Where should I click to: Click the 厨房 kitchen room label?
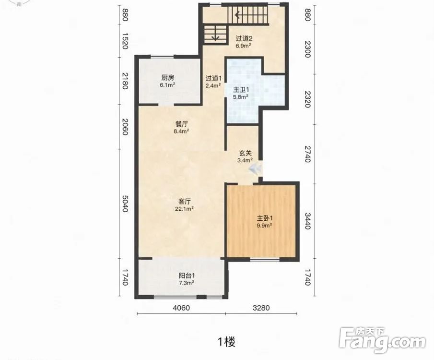(168, 77)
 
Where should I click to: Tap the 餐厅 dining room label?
(181, 124)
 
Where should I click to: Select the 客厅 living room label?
(184, 201)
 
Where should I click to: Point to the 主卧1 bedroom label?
(264, 218)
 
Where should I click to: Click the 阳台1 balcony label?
(187, 276)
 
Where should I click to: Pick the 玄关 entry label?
(245, 153)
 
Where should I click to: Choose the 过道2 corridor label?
(244, 38)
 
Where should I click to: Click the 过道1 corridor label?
(213, 78)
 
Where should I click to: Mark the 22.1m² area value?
(184, 209)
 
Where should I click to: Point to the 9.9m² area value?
(264, 226)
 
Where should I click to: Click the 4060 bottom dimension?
(181, 308)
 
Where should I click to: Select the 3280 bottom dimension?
(261, 308)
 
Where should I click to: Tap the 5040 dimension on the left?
(125, 204)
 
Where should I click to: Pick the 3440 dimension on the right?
(307, 221)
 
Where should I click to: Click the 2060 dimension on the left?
(125, 127)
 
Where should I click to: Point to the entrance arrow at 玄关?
(255, 168)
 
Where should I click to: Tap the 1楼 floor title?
(227, 342)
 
